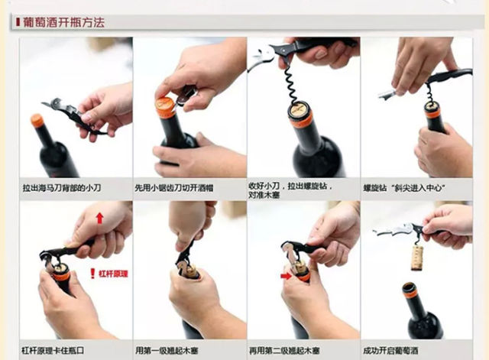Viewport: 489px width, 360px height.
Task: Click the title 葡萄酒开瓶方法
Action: pos(63,22)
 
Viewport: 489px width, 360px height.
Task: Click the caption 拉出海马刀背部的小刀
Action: pos(62,188)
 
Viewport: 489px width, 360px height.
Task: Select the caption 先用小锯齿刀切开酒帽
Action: pos(174,188)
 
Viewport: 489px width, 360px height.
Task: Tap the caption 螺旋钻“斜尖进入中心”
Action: pos(404,188)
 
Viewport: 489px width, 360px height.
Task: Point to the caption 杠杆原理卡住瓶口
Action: pos(53,350)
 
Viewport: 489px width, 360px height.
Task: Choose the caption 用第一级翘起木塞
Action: pos(167,351)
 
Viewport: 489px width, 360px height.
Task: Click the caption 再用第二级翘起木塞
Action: pos(284,351)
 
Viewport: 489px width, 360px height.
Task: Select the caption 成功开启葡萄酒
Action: pos(390,351)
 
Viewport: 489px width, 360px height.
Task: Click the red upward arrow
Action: pos(100,218)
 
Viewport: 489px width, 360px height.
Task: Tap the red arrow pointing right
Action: pos(286,276)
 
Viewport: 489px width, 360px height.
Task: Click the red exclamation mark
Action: pos(92,274)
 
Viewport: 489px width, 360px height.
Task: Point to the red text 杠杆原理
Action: pos(114,274)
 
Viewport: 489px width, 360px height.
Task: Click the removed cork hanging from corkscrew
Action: pos(416,258)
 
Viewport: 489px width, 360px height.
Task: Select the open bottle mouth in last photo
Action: pos(409,287)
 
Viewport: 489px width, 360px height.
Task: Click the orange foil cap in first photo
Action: pos(37,121)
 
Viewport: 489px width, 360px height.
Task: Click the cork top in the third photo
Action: pos(300,109)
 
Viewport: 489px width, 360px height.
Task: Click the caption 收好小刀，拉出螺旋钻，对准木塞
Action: pos(290,190)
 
